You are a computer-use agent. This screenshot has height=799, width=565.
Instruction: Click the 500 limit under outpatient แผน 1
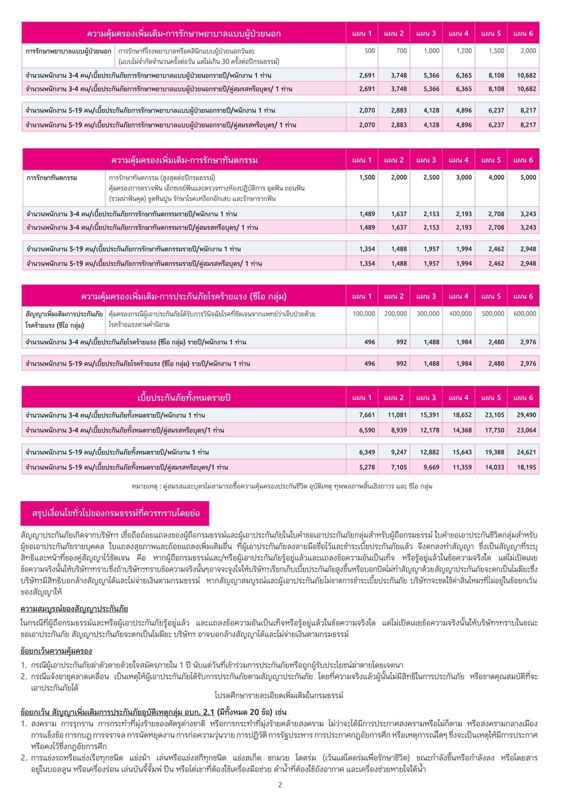pyautogui.click(x=370, y=51)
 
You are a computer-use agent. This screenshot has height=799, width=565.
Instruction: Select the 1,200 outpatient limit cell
pyautogui.click(x=464, y=51)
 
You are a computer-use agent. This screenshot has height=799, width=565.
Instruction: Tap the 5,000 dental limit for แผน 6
pyautogui.click(x=528, y=177)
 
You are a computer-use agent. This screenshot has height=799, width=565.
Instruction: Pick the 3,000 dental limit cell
pyautogui.click(x=464, y=177)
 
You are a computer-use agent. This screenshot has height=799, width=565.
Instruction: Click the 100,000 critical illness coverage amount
pyautogui.click(x=363, y=313)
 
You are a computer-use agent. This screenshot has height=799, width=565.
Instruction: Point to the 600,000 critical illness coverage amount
pyautogui.click(x=525, y=313)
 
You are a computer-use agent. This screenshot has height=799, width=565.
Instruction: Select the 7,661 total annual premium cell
pyautogui.click(x=367, y=415)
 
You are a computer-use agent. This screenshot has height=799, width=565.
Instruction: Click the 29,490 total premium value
pyautogui.click(x=526, y=415)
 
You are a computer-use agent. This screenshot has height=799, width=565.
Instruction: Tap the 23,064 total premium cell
pyautogui.click(x=526, y=430)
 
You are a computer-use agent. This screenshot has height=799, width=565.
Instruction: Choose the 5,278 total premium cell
pyautogui.click(x=367, y=467)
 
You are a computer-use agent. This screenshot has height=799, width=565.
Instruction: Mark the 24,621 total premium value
pyautogui.click(x=526, y=452)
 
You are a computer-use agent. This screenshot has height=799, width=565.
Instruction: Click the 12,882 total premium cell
pyautogui.click(x=430, y=452)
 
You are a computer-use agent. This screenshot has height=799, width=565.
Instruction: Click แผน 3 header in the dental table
pyautogui.click(x=426, y=160)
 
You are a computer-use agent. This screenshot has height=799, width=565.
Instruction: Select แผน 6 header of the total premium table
pyautogui.click(x=523, y=397)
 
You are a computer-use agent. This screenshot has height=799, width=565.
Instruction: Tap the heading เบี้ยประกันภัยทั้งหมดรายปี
pyautogui.click(x=184, y=398)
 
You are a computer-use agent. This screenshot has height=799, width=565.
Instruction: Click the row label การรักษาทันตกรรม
pyautogui.click(x=52, y=178)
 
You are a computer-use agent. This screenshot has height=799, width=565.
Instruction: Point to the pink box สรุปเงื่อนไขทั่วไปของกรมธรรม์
pyautogui.click(x=115, y=513)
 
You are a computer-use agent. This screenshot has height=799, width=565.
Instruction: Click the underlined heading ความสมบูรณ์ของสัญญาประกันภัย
pyautogui.click(x=74, y=609)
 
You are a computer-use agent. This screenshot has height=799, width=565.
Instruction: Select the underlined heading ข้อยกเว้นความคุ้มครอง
pyautogui.click(x=56, y=651)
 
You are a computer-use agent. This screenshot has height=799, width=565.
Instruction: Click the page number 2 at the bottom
pyautogui.click(x=280, y=785)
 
